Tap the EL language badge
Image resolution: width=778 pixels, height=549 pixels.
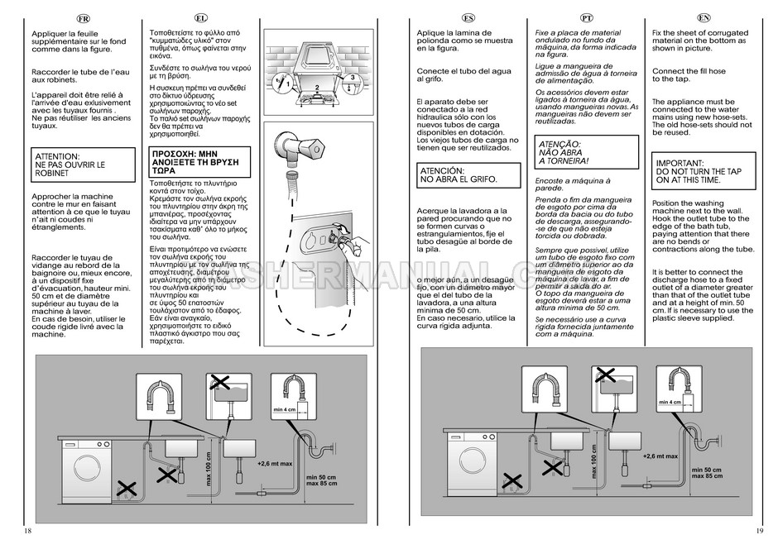pos(202,17)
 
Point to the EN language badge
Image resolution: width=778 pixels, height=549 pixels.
pos(704,17)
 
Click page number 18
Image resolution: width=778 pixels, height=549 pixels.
pos(29,530)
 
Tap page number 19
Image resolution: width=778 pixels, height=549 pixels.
pos(760,530)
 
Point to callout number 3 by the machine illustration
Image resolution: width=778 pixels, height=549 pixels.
pos(352,78)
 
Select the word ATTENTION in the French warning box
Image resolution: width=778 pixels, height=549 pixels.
pos(58,155)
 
